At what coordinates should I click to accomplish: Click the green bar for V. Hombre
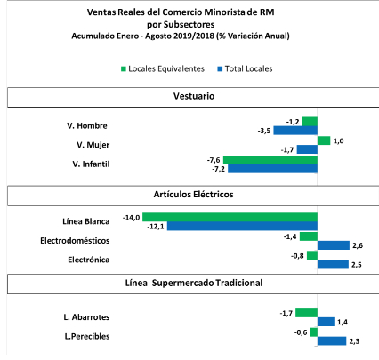[310, 122]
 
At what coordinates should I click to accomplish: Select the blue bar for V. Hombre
[295, 131]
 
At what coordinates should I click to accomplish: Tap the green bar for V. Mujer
[324, 140]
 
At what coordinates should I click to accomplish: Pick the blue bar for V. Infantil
[272, 169]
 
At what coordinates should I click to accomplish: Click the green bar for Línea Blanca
[230, 217]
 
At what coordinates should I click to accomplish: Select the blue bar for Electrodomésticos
[334, 245]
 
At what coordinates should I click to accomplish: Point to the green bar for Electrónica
[312, 255]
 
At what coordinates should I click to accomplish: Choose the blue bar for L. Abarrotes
[326, 322]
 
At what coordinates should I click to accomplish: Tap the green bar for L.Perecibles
[314, 332]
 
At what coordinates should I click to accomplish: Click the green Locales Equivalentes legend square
[124, 69]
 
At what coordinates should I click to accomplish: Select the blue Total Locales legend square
[220, 69]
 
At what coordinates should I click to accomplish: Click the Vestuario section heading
[194, 96]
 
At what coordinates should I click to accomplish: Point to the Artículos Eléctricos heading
[193, 195]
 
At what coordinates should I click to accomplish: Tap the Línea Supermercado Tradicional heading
[194, 283]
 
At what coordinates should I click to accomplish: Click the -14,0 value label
[131, 218]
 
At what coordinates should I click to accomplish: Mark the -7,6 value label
[214, 160]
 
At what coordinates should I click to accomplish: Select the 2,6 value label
[358, 245]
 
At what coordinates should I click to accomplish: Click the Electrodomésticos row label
[75, 241]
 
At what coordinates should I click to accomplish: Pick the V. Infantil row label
[91, 164]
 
